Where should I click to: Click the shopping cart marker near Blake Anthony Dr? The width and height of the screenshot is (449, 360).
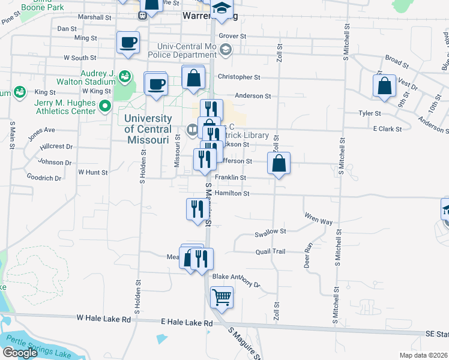coord(221,297)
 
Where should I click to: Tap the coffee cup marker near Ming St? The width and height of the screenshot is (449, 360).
coord(128,43)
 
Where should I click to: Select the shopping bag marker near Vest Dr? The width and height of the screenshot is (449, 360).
coord(384,86)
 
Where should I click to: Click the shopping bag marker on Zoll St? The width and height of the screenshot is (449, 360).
coord(279,163)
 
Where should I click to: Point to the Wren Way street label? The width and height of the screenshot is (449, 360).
coord(318,221)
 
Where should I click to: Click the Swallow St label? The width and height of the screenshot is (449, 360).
coord(271,231)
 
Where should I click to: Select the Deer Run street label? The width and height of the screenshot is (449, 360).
coord(309,254)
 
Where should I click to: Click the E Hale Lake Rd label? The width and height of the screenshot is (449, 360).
coord(187,323)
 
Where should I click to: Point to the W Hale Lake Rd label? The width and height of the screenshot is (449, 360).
coord(103,319)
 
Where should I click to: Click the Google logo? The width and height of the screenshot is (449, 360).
coord(20,353)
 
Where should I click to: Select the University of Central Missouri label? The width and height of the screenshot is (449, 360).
coord(147,129)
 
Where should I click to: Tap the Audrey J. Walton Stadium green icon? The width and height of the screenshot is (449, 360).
coord(124,76)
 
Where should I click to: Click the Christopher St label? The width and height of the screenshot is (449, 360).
coord(239,77)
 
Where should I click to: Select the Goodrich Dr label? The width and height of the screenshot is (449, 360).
coord(44,178)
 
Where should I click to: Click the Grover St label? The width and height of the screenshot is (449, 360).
coord(233,36)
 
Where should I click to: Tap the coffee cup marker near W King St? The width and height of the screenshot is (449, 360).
coord(156,83)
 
